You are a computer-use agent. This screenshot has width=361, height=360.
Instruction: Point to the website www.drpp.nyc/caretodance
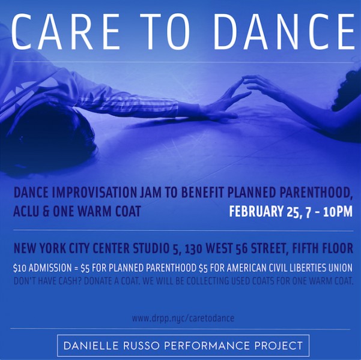pos(183,318)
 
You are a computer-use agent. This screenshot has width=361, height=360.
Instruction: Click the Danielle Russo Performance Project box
pos(183,346)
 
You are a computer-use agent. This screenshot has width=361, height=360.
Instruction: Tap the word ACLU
pos(26,212)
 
